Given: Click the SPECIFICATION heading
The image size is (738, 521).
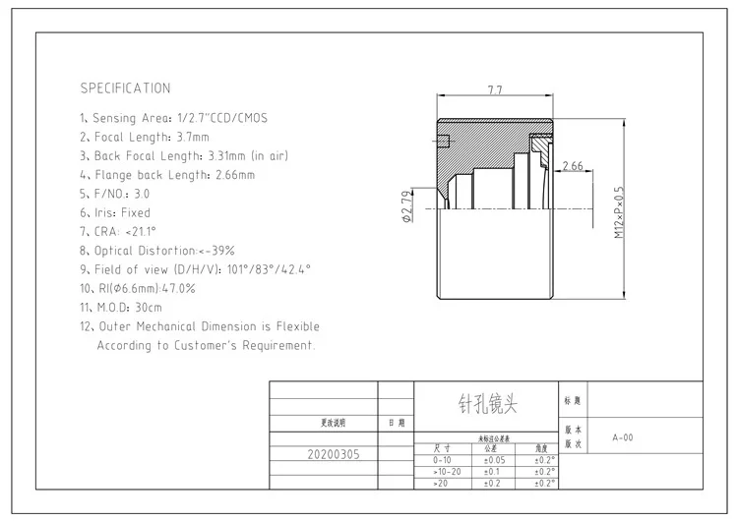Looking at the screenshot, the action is click(x=125, y=88).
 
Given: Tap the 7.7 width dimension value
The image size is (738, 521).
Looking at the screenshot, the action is click(x=495, y=90).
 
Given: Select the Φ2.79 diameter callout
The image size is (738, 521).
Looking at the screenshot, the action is click(x=406, y=206).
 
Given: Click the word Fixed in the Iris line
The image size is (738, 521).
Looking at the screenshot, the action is click(x=135, y=212).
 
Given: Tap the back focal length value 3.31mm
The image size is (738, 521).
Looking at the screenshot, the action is click(x=227, y=155).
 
